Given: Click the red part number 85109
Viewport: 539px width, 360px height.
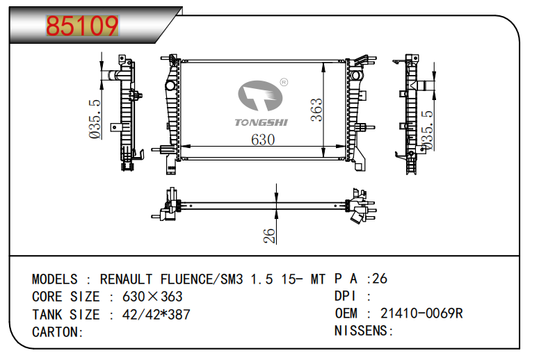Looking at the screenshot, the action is tap(82, 26).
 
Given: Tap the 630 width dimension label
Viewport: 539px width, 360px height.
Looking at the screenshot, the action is tap(263, 140).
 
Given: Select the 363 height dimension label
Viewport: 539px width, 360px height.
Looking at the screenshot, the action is tap(316, 110).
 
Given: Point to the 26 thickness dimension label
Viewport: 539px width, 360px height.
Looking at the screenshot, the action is tap(270, 236).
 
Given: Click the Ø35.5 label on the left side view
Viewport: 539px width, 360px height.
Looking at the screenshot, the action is tap(95, 119).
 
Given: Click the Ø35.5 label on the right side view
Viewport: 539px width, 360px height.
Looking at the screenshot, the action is tap(427, 130).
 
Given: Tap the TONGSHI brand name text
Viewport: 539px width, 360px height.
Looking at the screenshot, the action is tap(262, 122).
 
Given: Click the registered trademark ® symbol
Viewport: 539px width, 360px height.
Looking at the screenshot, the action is tap(284, 82).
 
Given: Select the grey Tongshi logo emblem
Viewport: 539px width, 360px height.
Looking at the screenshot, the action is tap(260, 96).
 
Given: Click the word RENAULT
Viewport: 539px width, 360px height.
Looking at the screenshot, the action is tap(126, 279).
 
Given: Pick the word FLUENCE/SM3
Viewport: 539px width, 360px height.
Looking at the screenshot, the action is tap(202, 279).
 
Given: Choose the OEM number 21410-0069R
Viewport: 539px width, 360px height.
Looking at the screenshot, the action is tap(421, 313).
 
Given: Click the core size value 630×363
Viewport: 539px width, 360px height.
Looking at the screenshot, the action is tap(152, 297).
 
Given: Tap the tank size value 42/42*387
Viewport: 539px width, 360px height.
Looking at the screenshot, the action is tap(156, 315).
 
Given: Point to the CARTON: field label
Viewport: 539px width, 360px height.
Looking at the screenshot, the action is tap(58, 332).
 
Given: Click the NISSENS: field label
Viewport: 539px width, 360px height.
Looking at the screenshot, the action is tap(364, 331).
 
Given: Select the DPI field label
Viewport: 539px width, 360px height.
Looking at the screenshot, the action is tap(345, 296).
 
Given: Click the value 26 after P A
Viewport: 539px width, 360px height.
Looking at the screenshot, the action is tap(380, 279).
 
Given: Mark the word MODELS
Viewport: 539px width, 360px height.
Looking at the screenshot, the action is tap(55, 279).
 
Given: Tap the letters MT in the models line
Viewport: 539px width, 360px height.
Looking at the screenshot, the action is tap(318, 279).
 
